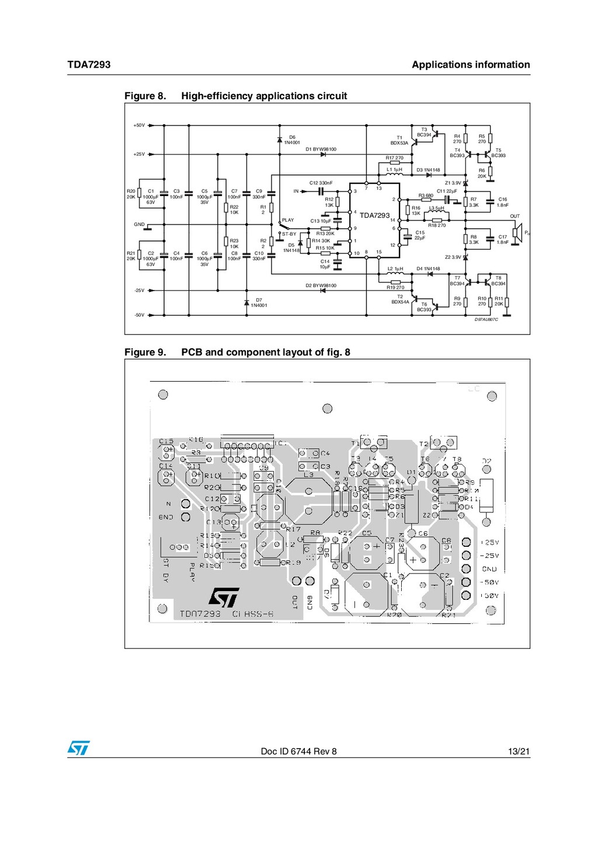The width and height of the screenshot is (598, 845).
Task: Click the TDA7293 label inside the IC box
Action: [x=374, y=215]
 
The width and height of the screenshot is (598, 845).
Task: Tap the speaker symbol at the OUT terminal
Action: [x=517, y=233]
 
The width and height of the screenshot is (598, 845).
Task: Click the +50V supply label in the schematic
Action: [x=139, y=125]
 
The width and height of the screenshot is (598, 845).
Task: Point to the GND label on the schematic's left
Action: [x=139, y=224]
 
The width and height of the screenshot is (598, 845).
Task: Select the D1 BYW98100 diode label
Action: [x=321, y=149]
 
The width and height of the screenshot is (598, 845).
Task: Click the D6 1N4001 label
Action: [x=292, y=140]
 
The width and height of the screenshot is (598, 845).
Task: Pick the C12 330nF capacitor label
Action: [x=321, y=183]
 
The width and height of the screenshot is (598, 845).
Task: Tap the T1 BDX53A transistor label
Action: [x=399, y=140]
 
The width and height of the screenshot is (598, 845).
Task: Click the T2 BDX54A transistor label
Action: [x=400, y=299]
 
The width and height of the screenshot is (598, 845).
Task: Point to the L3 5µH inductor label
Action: [x=437, y=208]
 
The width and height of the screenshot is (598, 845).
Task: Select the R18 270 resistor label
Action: [x=437, y=225]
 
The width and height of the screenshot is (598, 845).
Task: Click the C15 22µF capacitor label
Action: [x=420, y=235]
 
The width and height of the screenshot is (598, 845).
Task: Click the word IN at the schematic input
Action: [x=296, y=191]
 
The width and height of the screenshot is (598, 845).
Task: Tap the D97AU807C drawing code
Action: [x=486, y=320]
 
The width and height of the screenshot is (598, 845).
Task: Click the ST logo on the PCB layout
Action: [x=224, y=597]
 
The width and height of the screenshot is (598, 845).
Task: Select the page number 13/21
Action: [x=519, y=752]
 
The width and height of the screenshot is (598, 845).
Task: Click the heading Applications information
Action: [x=471, y=65]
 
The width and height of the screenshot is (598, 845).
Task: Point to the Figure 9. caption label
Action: [x=145, y=352]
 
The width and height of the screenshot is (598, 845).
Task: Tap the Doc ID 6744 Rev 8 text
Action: [x=298, y=752]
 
